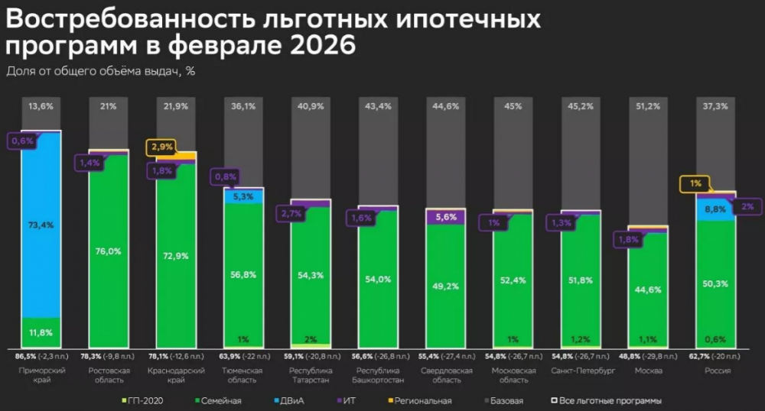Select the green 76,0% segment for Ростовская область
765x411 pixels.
[109, 250]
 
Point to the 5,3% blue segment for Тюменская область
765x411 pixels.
[243, 196]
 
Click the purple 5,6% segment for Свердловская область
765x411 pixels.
[446, 216]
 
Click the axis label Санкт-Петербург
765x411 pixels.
[581, 371]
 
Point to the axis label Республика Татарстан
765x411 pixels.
[311, 375]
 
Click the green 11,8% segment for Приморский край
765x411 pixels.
[41, 331]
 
